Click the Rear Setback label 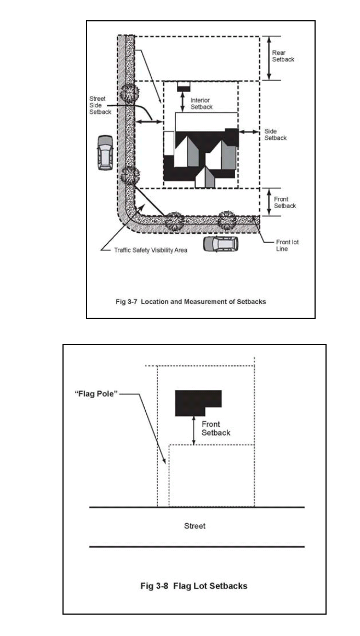click(283, 56)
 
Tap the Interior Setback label click(201, 104)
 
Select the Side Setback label click(276, 135)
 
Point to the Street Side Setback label click(100, 105)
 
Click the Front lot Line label click(287, 245)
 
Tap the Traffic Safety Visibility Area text click(151, 250)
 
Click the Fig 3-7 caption click(191, 302)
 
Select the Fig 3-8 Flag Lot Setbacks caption click(194, 586)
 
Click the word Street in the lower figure click(195, 526)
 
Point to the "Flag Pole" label click(96, 394)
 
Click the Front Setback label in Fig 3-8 click(216, 428)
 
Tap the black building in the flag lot click(198, 403)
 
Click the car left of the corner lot click(105, 152)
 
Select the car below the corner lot click(221, 244)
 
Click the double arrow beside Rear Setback click(268, 58)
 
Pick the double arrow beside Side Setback click(249, 132)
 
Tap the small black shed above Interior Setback click(184, 87)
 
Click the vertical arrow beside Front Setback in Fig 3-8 click(194, 431)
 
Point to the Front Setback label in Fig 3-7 click(285, 202)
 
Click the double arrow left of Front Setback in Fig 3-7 click(268, 202)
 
